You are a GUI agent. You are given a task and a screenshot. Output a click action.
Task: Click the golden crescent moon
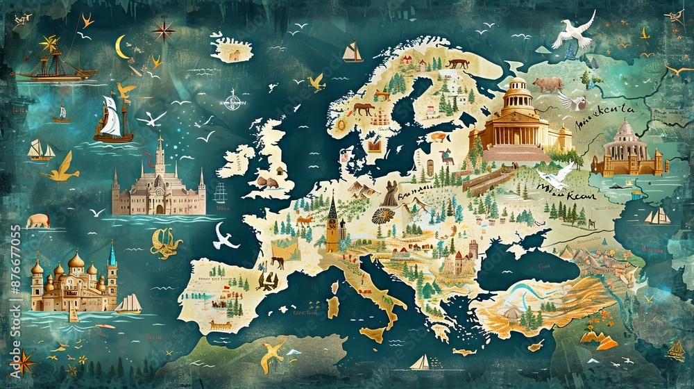pyautogui.click(x=122, y=47)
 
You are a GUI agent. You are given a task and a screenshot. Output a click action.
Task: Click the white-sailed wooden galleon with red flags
pyautogui.click(x=112, y=120)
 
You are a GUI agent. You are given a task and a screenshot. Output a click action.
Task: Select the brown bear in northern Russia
pyautogui.click(x=548, y=84)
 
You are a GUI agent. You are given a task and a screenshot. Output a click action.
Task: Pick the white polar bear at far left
pyautogui.click(x=37, y=220)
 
